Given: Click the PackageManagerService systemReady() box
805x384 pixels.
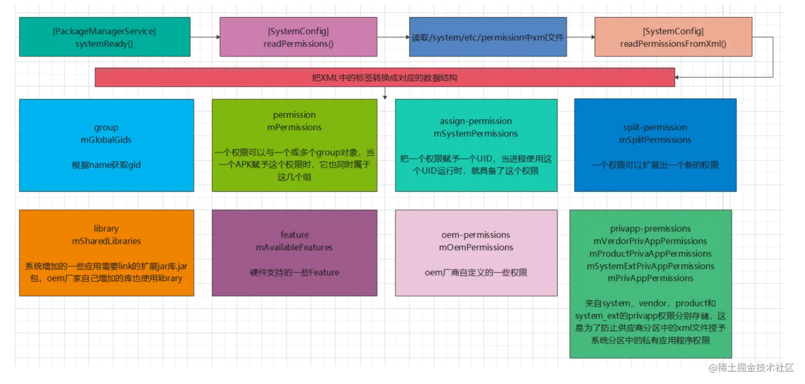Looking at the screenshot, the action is [104, 37].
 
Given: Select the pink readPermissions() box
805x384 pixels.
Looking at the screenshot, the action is [298, 37].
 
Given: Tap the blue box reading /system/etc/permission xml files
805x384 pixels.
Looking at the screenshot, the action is [488, 37].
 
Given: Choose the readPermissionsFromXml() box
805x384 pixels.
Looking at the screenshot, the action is [673, 37].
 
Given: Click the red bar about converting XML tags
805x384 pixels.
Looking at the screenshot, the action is [385, 78].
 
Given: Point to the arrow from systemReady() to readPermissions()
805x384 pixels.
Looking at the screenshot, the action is [205, 37].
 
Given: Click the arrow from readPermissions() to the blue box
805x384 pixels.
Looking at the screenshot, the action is [393, 37].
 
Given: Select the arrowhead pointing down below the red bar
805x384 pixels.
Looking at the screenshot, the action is [385, 97].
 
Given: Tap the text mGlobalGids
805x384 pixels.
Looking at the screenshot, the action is [106, 139].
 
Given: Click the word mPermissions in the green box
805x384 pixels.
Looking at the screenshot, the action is [294, 127].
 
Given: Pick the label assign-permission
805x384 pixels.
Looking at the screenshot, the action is [476, 121].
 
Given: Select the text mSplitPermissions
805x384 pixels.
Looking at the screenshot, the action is [655, 139].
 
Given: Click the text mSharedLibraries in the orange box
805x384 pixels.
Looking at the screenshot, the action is [106, 241].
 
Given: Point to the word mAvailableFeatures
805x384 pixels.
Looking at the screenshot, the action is [294, 247].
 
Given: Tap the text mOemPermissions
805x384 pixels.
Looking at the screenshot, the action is [476, 247].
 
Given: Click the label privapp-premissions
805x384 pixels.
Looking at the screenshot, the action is [650, 229].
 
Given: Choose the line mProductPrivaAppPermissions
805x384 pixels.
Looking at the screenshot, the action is [650, 253].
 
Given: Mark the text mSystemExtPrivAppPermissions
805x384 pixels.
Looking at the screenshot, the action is [650, 266].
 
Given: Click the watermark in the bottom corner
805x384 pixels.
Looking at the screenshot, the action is [751, 368].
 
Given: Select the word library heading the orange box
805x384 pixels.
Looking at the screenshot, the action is [106, 228].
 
